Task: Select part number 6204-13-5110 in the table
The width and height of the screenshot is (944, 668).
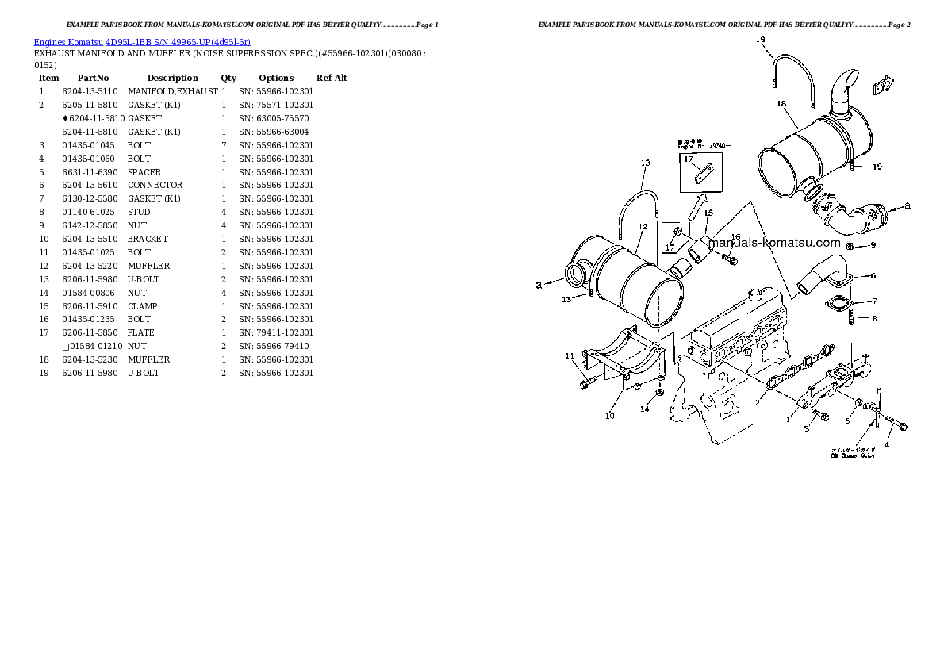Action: pyautogui.click(x=90, y=91)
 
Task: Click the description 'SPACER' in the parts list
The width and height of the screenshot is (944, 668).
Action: pyautogui.click(x=144, y=172)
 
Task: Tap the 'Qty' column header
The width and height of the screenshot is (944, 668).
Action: pyautogui.click(x=228, y=78)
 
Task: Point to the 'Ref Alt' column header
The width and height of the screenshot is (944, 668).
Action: pyautogui.click(x=332, y=78)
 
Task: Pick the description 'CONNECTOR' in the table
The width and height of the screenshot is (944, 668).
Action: pyautogui.click(x=155, y=185)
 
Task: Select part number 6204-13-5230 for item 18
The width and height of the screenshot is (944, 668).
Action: pyautogui.click(x=90, y=359)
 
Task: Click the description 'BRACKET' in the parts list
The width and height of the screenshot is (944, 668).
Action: pyautogui.click(x=148, y=239)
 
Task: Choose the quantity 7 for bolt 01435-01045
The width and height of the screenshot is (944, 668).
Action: pyautogui.click(x=224, y=145)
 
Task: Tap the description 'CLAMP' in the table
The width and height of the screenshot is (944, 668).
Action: pyautogui.click(x=142, y=306)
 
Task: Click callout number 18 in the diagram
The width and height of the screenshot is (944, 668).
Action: pyautogui.click(x=781, y=103)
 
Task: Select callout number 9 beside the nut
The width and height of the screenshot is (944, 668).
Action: pyautogui.click(x=873, y=245)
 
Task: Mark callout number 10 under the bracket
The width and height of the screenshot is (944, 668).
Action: pyautogui.click(x=610, y=415)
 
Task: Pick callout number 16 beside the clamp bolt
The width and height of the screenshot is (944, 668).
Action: pyautogui.click(x=735, y=236)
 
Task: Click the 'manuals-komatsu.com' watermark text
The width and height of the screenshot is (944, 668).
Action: pyautogui.click(x=773, y=243)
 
